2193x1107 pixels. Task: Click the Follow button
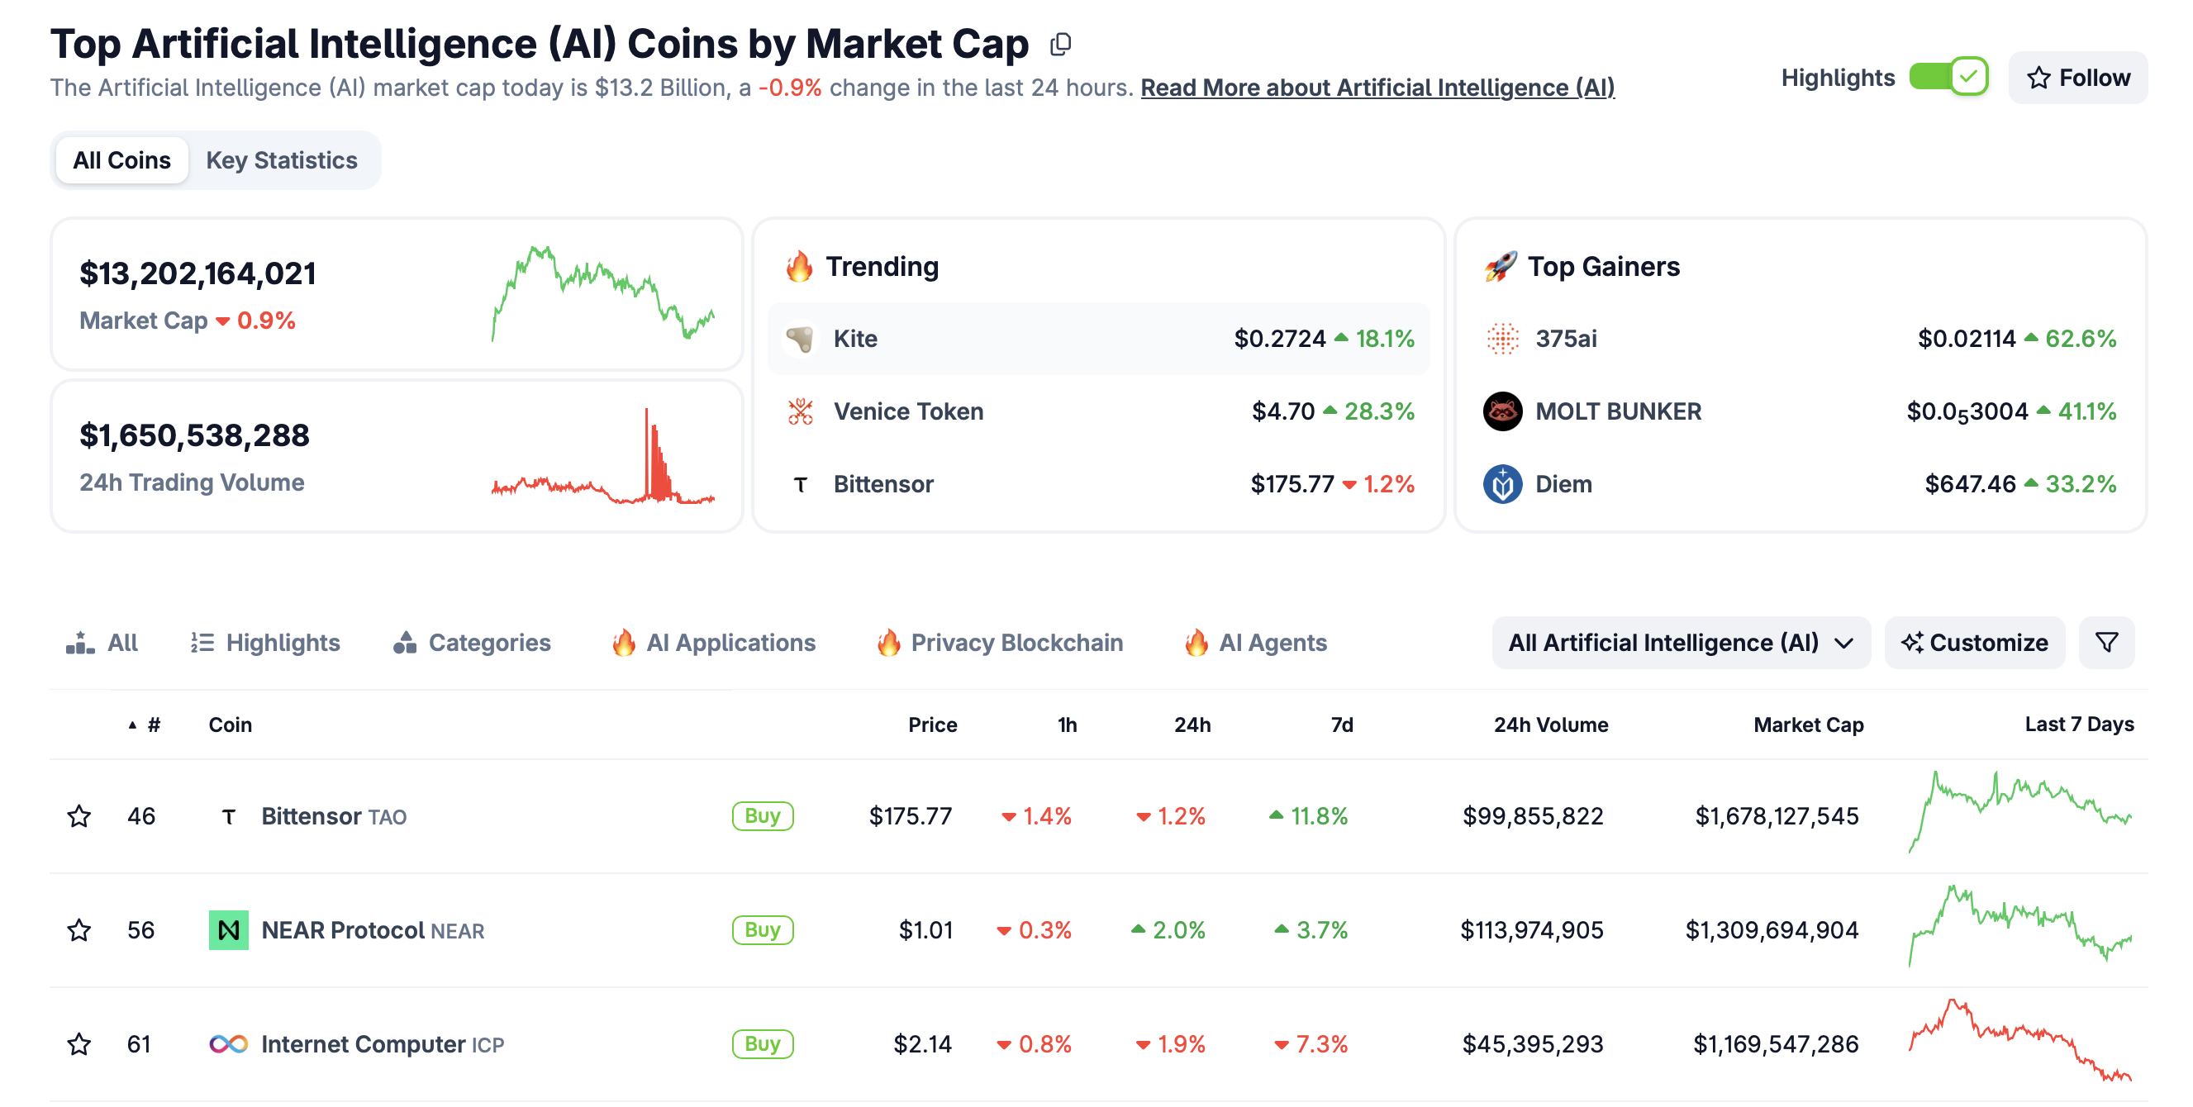2077,78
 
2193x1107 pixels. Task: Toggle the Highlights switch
1948,78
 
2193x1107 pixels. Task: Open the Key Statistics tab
281,160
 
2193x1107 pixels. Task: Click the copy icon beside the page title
1060,45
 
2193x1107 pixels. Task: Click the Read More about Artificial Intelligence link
1377,88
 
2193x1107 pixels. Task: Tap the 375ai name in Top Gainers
1566,339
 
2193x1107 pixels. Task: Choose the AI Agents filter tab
1272,643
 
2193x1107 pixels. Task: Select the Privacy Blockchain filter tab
1016,643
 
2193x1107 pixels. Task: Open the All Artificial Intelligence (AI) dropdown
1680,643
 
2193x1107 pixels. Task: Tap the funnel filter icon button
2106,643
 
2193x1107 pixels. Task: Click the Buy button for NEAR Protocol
762,930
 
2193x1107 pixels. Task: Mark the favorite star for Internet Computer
79,1044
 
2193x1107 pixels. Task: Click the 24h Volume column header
1550,725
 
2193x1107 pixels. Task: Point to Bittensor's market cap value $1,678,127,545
1776,816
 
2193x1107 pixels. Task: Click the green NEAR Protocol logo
228,930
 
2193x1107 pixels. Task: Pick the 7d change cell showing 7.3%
1311,1044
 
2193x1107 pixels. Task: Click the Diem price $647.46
1969,484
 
